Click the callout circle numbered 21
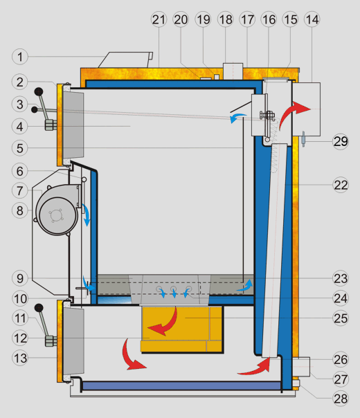[159, 19]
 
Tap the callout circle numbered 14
[312, 19]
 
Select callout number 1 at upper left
[20, 57]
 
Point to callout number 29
[341, 142]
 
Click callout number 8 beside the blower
[20, 210]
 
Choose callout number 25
[341, 318]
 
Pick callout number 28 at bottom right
[341, 399]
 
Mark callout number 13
[20, 358]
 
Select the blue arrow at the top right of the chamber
[238, 117]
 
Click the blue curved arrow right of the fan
[87, 215]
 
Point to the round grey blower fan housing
[57, 210]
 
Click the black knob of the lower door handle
[39, 308]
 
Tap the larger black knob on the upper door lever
[39, 92]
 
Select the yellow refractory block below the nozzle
[182, 329]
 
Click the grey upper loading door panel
[73, 125]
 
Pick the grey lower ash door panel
[73, 341]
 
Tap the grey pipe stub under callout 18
[233, 71]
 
